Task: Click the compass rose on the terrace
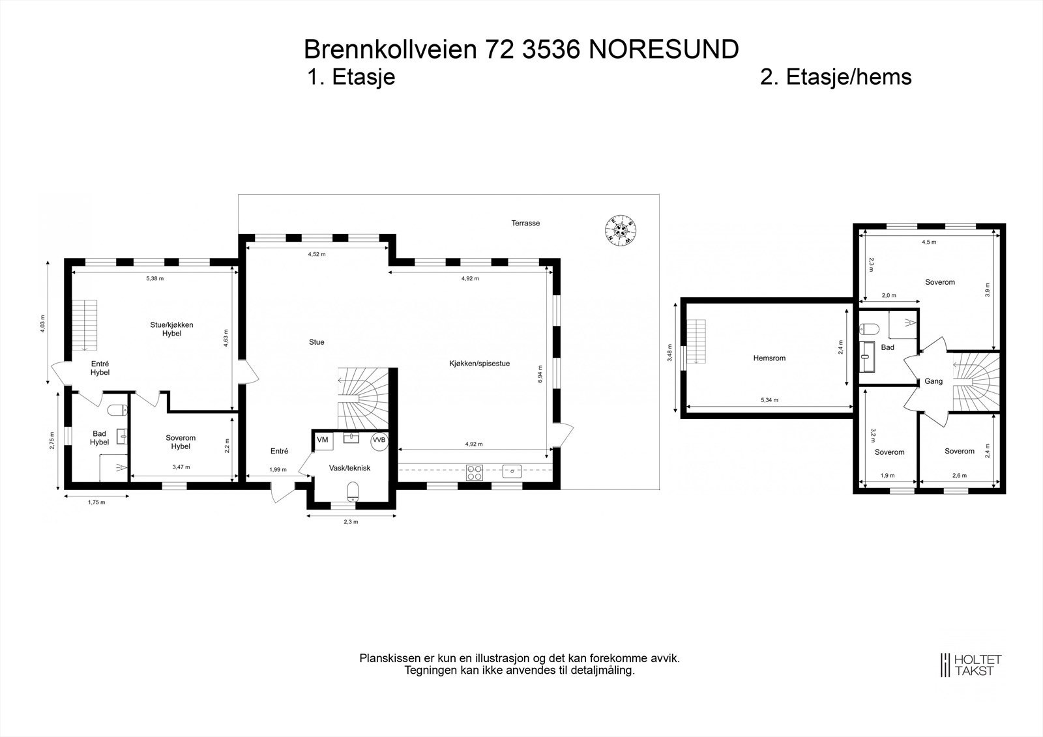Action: coord(621,229)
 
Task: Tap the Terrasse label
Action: coord(525,223)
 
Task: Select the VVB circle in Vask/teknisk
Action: coord(379,440)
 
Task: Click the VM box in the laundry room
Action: coord(323,440)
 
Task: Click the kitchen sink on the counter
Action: coord(512,470)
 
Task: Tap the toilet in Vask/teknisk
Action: coord(353,492)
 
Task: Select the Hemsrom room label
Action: coord(769,358)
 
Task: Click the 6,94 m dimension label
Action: coord(540,373)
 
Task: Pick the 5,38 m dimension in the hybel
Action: coord(155,278)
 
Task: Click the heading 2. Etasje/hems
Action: coord(836,77)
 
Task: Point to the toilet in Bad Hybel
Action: coord(117,411)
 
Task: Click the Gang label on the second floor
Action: coord(933,381)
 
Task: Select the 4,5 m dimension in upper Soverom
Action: coord(929,242)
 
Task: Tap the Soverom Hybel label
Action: coord(181,442)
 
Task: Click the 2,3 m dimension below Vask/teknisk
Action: coord(351,521)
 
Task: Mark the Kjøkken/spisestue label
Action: coord(479,364)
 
